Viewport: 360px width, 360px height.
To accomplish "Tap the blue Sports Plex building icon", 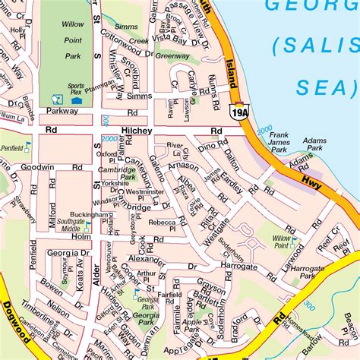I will click(75, 99).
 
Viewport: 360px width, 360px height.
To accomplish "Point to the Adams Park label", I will click(314, 146).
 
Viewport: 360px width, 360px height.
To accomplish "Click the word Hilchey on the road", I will click(138, 131).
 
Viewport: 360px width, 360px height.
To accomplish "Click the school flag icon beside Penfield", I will click(28, 145).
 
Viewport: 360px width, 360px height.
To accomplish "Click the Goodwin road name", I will click(36, 166).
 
